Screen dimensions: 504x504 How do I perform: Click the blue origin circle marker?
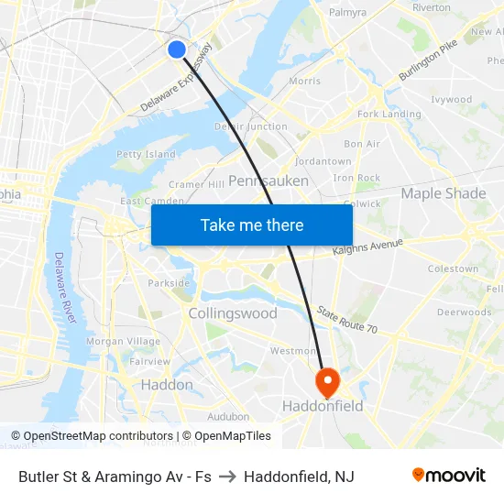pos(177,49)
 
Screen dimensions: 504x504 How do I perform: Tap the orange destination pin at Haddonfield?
pos(327,380)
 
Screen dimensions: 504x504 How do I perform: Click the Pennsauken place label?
pos(268,181)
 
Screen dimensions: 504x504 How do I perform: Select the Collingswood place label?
pos(233,313)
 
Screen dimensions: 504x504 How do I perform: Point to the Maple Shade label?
pos(444,193)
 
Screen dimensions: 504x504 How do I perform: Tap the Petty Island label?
pos(146,154)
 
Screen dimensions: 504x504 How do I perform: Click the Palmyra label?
pos(347,13)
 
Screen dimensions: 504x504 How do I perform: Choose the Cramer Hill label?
pos(196,184)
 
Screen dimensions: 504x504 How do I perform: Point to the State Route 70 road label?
pos(347,320)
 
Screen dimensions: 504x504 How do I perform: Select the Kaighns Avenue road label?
pos(367,247)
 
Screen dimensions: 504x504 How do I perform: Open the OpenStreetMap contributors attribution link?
pos(94,436)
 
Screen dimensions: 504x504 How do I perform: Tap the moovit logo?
pos(448,476)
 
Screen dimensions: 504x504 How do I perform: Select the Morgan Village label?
pos(123,342)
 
